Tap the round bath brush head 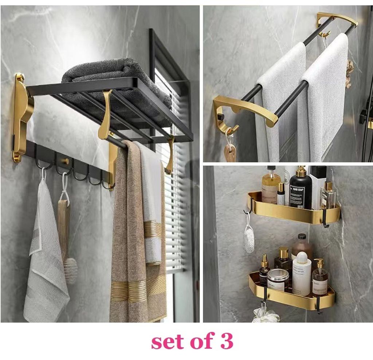70,270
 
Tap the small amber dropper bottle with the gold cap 264,270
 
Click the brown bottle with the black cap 302,247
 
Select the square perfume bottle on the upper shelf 328,196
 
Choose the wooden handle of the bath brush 64,229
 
